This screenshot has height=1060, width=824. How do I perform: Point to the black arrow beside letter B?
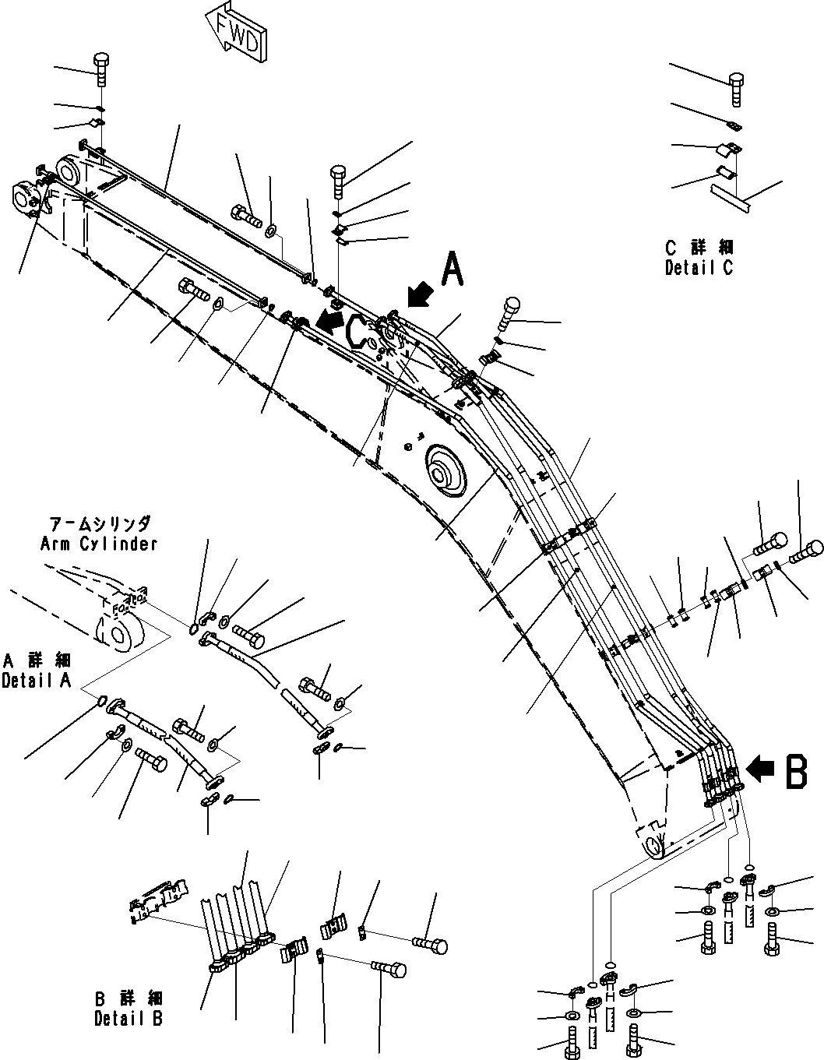pyautogui.click(x=760, y=769)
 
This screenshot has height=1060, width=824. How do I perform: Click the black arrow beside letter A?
pyautogui.click(x=421, y=296)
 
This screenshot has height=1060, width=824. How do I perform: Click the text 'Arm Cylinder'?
pyautogui.click(x=98, y=544)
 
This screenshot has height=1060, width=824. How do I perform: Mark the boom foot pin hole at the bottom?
pyautogui.click(x=654, y=841)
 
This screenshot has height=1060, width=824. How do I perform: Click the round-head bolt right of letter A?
pyautogui.click(x=510, y=309)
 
